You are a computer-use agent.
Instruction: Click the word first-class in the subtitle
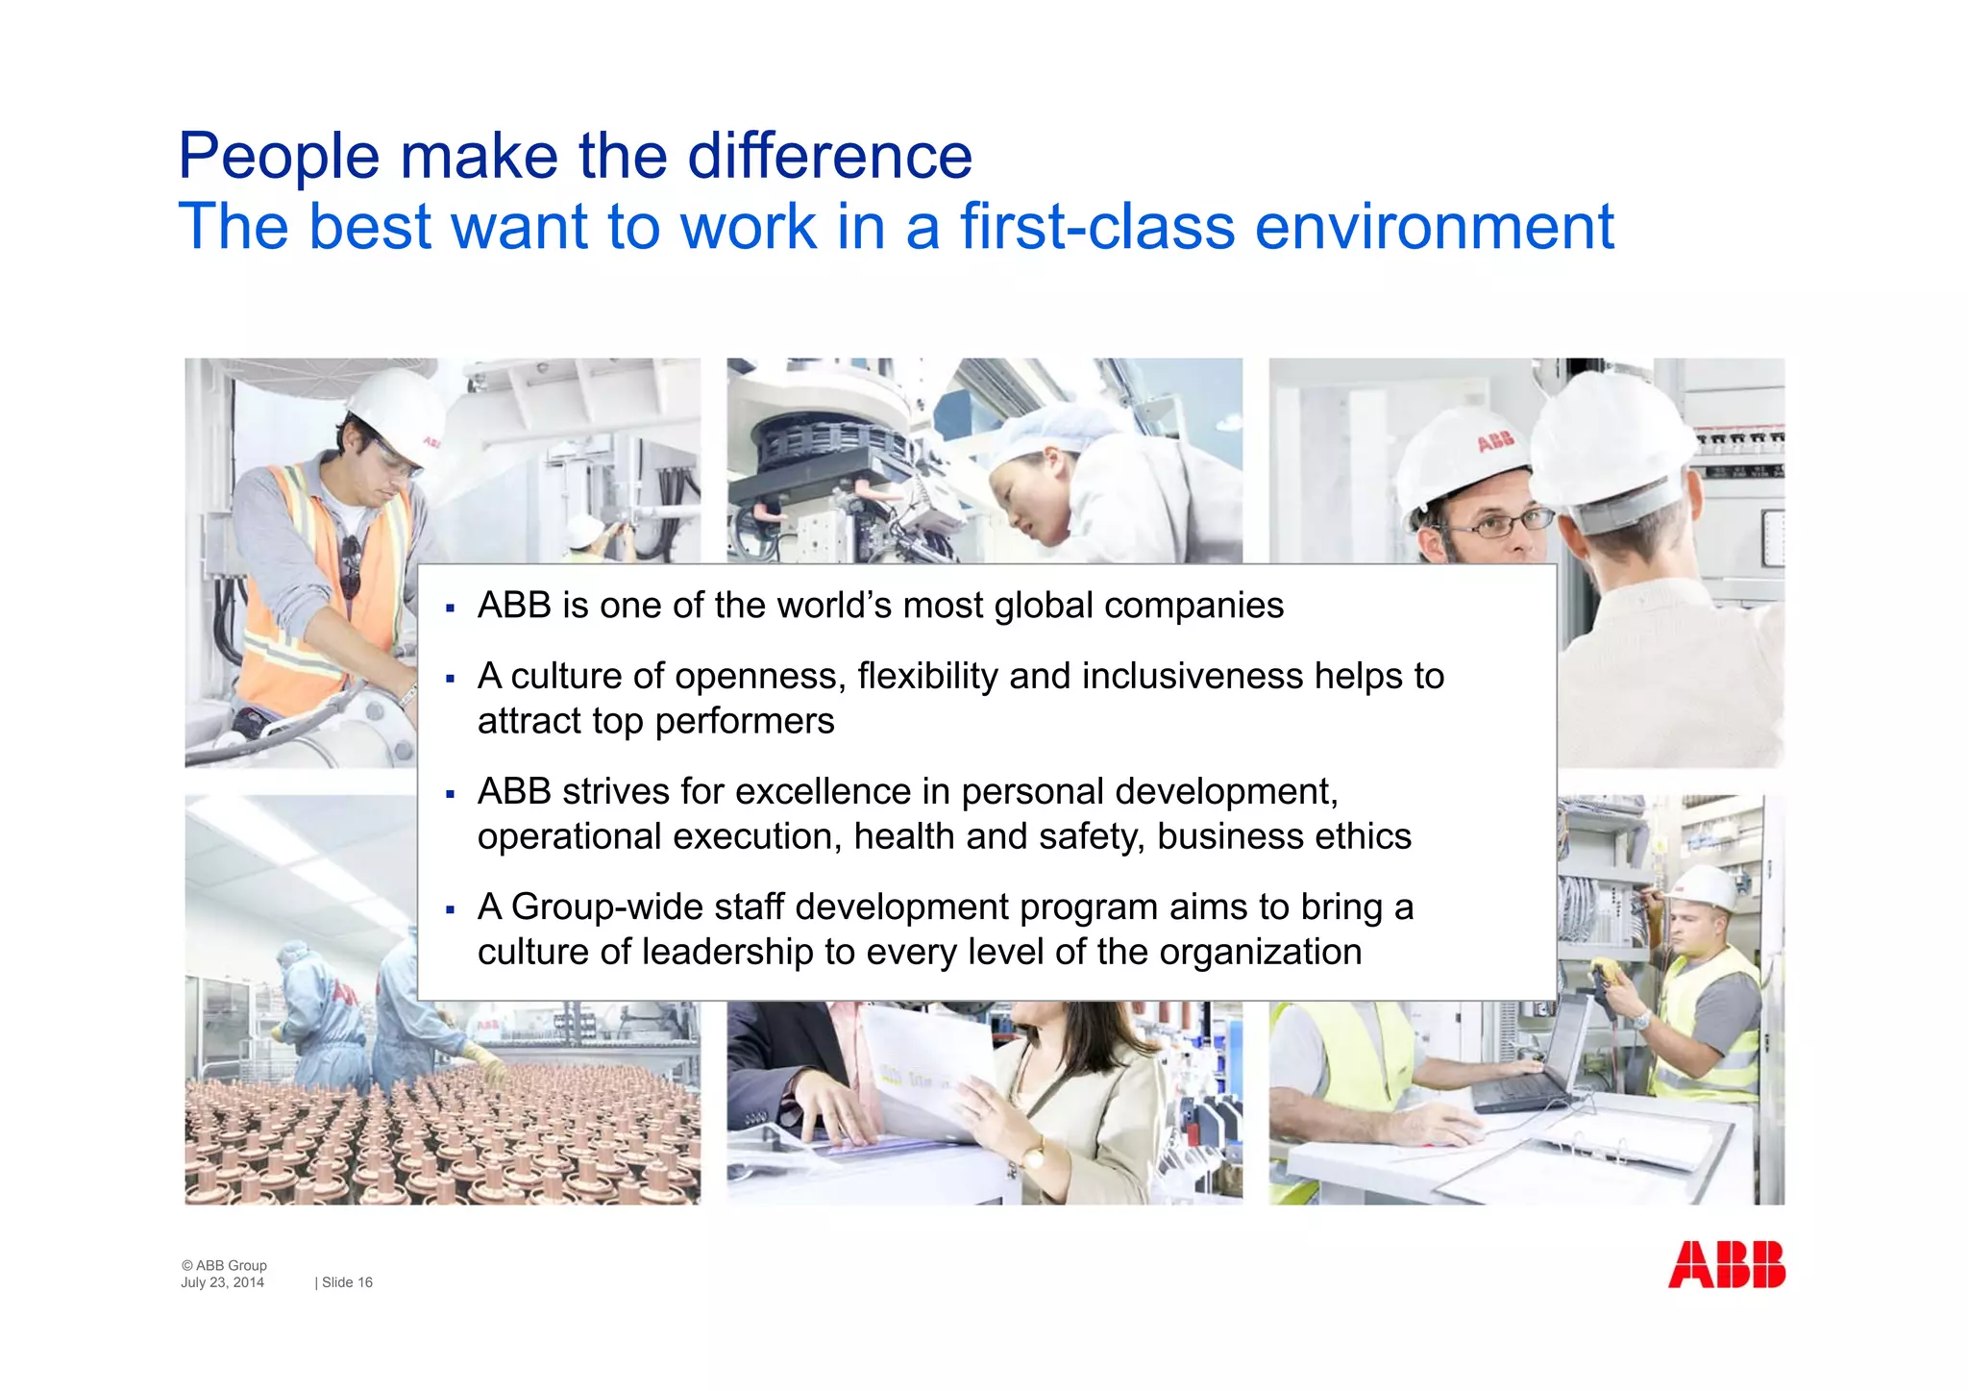1096,228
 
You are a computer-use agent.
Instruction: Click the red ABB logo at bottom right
1726,1265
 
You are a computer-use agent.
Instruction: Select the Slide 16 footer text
346,1282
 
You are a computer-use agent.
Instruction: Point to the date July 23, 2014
222,1282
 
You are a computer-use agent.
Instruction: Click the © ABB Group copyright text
225,1265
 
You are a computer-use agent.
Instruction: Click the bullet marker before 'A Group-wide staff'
450,909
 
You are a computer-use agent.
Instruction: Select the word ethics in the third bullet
1363,836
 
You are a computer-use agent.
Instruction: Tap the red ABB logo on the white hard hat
1495,441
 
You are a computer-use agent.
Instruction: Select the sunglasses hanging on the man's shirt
352,567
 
